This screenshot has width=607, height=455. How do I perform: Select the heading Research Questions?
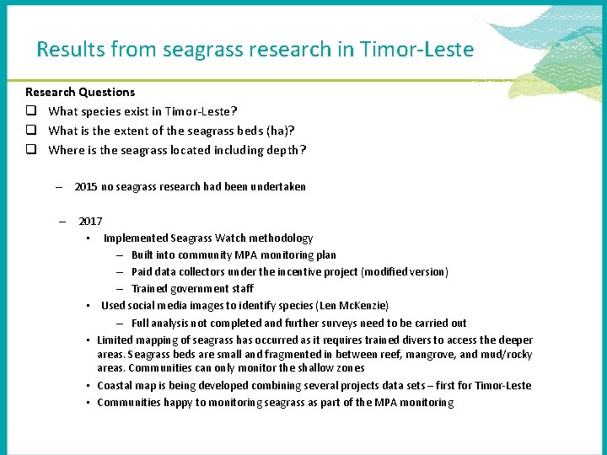click(x=80, y=92)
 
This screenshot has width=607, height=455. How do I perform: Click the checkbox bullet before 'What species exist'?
click(x=30, y=111)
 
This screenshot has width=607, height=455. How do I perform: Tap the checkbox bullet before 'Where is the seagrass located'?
click(x=30, y=150)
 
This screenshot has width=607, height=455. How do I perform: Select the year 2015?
click(x=86, y=186)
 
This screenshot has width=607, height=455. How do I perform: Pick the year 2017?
click(x=90, y=222)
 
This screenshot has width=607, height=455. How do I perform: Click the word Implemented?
click(x=136, y=238)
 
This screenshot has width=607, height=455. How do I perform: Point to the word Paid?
click(x=142, y=272)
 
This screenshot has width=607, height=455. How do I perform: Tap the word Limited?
click(x=115, y=340)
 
